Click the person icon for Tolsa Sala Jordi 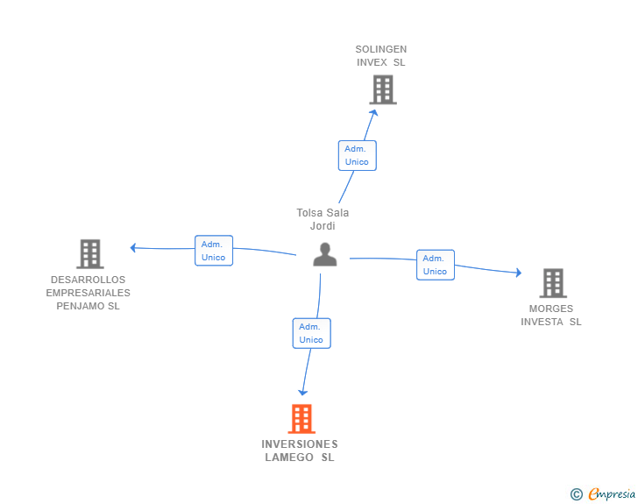coord(325,255)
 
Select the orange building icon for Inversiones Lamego coord(301,419)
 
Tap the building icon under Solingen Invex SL coord(382,89)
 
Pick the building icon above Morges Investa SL coord(553,283)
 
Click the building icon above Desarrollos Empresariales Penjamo coord(90,254)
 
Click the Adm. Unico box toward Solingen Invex coord(357,155)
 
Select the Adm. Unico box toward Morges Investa coord(435,265)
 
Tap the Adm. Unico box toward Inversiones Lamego coord(311,333)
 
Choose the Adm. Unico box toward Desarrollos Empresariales coord(213,251)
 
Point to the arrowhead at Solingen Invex coord(374,111)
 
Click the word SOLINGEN coord(381,49)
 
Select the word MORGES coord(551,309)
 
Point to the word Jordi coord(323,226)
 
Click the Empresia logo coord(612,494)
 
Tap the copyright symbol coord(576,494)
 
